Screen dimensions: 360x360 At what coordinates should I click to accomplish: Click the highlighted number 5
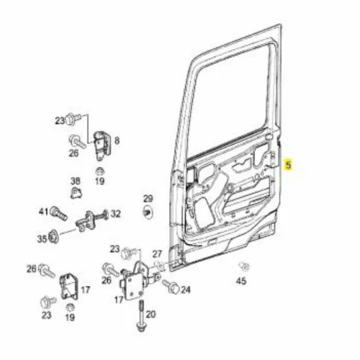(288, 165)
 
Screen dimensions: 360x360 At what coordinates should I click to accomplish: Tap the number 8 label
(117, 140)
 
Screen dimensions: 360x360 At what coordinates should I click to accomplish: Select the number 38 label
(76, 181)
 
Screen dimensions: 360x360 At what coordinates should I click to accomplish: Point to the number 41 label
(44, 212)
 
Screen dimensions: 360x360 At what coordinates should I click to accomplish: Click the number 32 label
(115, 214)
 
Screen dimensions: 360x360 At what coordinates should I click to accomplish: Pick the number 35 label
(42, 239)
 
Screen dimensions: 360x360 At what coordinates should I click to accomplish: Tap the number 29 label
(148, 199)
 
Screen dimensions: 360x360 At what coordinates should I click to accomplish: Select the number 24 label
(186, 290)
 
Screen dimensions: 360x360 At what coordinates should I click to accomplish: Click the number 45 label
(241, 281)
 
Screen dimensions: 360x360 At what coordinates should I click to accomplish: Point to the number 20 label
(151, 314)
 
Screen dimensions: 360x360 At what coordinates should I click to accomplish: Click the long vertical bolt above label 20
(140, 315)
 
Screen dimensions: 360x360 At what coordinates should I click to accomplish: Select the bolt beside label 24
(171, 287)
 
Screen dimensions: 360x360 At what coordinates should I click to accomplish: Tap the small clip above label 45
(244, 266)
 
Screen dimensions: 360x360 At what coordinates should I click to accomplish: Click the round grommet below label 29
(148, 212)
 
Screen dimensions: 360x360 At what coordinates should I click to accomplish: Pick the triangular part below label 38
(76, 193)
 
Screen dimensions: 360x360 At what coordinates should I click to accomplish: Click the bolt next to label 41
(58, 213)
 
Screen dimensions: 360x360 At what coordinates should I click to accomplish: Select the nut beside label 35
(53, 237)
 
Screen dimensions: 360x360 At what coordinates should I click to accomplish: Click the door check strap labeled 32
(92, 220)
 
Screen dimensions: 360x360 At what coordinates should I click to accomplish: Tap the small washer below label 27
(159, 266)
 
